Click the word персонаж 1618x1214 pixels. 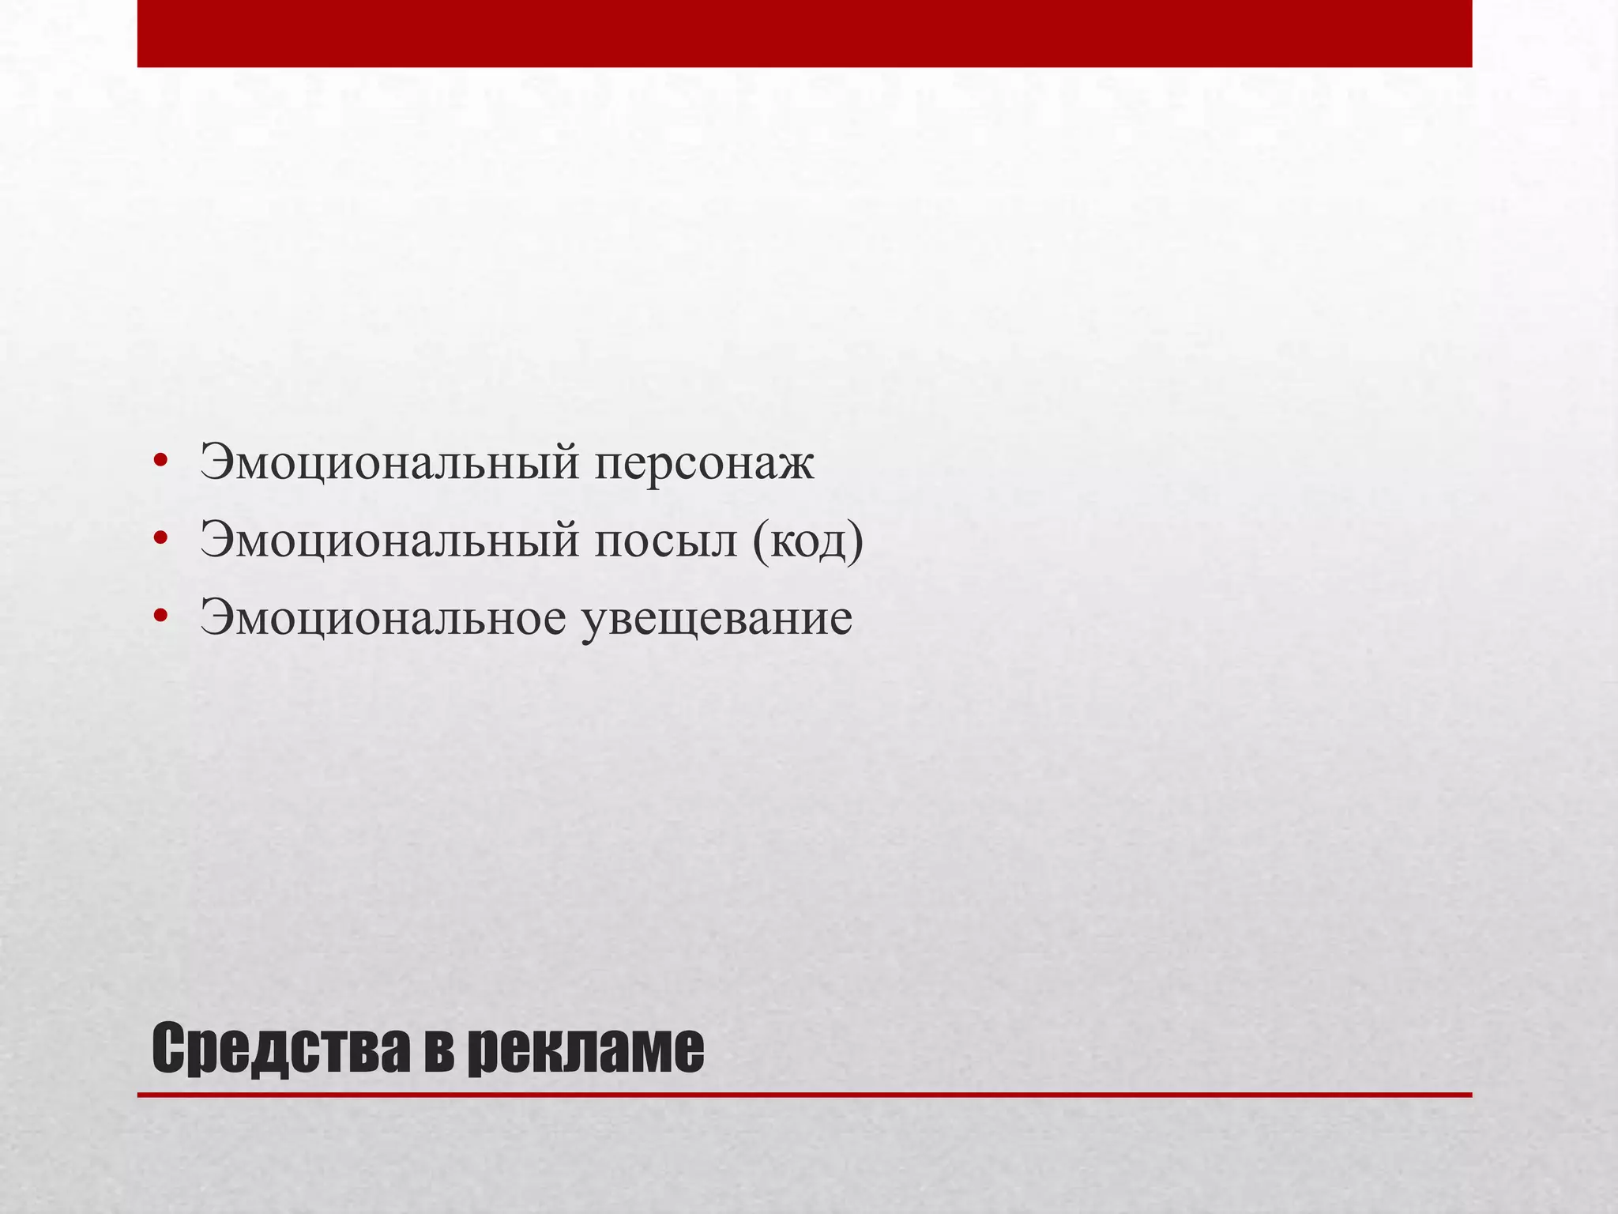pos(704,463)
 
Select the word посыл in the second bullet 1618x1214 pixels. pos(665,541)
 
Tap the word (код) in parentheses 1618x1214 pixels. pos(807,542)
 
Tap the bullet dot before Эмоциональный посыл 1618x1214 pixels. pos(161,539)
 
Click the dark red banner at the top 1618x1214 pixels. pos(804,33)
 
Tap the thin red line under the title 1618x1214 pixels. pos(804,1095)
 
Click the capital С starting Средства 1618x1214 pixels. pos(168,1048)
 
